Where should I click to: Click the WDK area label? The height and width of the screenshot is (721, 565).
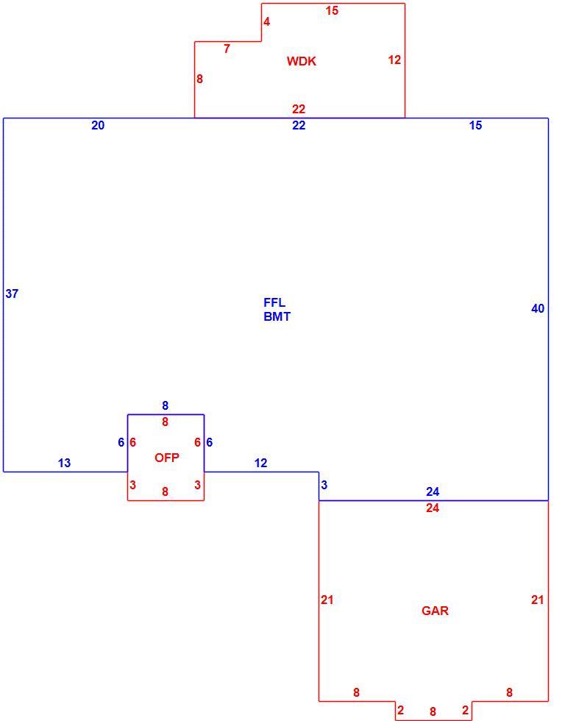click(x=302, y=61)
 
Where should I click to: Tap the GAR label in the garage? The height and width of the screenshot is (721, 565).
click(x=435, y=611)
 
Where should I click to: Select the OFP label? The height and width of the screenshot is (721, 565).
click(x=167, y=458)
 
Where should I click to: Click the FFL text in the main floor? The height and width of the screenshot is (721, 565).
click(x=274, y=302)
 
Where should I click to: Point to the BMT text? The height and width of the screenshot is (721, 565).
click(x=277, y=316)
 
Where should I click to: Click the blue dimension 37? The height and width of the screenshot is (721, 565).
click(x=12, y=294)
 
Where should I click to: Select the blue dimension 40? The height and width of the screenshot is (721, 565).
click(x=538, y=308)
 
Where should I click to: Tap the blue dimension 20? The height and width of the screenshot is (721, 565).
click(x=98, y=125)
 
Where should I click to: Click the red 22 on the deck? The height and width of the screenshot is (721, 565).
click(x=299, y=109)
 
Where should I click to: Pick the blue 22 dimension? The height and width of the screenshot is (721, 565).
click(x=299, y=125)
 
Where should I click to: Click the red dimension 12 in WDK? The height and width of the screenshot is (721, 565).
click(x=394, y=60)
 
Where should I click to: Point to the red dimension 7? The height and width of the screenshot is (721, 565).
click(x=227, y=49)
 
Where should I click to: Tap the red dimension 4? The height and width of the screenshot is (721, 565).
click(x=266, y=21)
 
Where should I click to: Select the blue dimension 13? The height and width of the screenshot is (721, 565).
click(x=64, y=463)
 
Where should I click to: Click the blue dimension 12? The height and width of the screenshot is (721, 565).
click(x=260, y=463)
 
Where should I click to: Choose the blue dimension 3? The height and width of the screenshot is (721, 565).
click(x=324, y=485)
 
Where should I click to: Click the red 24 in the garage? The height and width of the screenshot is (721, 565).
click(x=433, y=508)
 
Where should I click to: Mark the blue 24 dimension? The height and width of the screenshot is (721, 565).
click(x=433, y=492)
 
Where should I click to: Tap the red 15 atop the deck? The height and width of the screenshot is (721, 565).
click(x=332, y=10)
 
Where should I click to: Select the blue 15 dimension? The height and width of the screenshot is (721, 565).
click(x=476, y=125)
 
